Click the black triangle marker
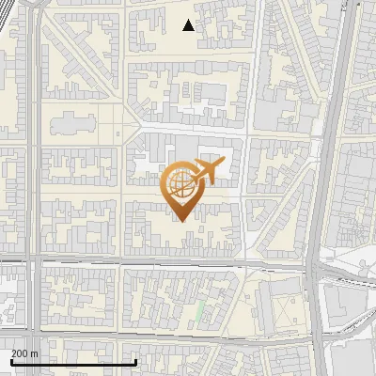click(x=189, y=25)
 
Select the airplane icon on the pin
click(x=208, y=171)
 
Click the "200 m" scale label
click(x=24, y=353)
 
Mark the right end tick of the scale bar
click(x=136, y=360)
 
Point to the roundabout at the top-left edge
click(x=38, y=3)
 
